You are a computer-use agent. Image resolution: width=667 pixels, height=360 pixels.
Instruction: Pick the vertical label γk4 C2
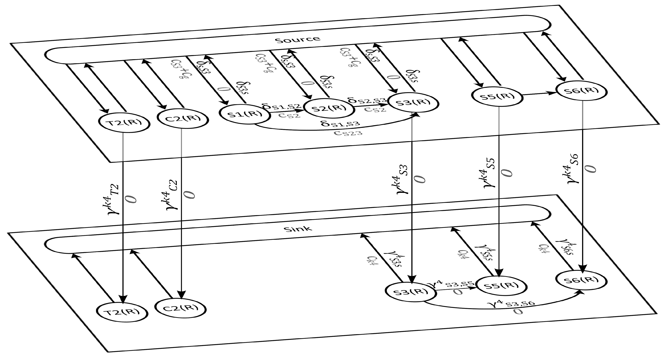point(172,194)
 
